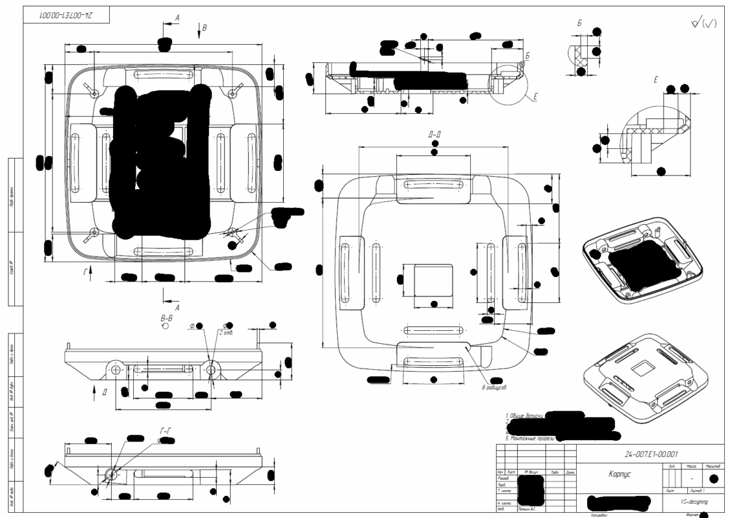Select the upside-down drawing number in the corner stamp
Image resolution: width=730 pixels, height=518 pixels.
point(68,14)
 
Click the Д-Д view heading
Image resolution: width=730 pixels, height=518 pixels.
point(435,134)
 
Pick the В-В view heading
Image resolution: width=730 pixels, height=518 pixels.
point(166,318)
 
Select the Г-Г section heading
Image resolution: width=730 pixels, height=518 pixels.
point(166,431)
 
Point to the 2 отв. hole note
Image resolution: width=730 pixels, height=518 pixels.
point(227,332)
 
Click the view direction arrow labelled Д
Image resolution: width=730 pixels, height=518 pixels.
point(105,390)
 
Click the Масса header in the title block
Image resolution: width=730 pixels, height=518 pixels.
point(691,466)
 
